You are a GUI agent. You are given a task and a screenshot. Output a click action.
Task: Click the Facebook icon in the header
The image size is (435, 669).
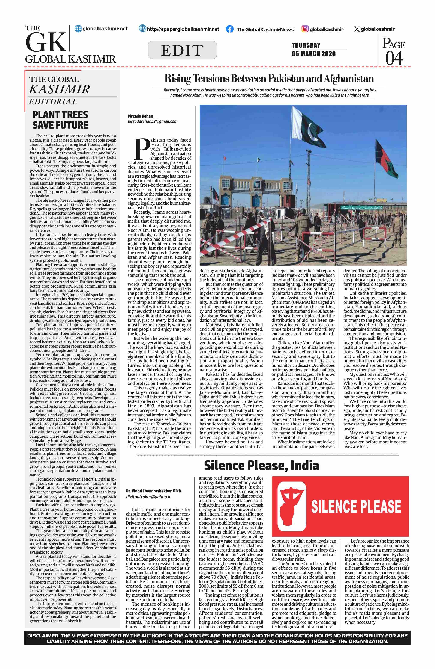coord(229,29)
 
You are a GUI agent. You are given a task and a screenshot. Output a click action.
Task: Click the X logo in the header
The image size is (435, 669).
coord(357,29)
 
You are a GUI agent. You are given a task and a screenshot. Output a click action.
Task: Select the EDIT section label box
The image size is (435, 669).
coord(182,50)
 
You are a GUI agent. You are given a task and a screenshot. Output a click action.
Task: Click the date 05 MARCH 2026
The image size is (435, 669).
coord(313,54)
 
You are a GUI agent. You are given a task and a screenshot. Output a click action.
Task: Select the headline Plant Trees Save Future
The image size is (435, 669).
coord(60,120)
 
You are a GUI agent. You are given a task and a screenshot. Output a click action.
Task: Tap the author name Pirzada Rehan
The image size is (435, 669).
coord(140,116)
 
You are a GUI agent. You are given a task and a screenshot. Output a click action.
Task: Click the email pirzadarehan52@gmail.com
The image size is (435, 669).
coord(152,121)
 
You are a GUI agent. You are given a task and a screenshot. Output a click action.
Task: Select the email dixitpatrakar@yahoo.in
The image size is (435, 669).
coord(149,497)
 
